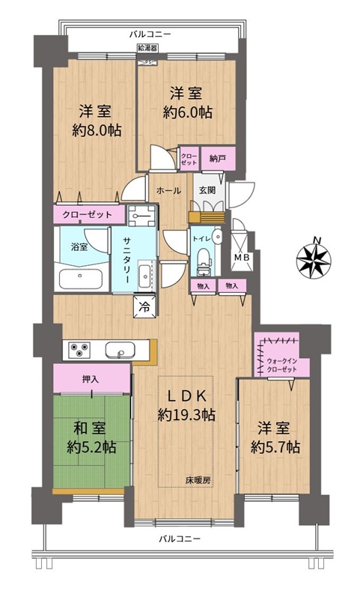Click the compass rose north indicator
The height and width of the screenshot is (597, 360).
click(314, 259)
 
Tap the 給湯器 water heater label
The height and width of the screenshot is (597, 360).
click(147, 49)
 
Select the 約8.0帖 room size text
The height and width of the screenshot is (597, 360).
click(97, 130)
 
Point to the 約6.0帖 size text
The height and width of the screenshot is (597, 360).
click(188, 112)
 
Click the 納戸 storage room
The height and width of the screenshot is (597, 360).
click(218, 158)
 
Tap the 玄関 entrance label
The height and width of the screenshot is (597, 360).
click(207, 190)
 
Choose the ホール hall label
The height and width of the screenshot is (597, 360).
click(168, 190)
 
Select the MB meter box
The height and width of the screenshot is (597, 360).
click(242, 258)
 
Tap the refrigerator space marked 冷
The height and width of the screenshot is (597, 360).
click(144, 306)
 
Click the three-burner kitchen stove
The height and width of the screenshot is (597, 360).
click(79, 351)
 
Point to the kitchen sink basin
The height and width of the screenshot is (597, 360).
click(120, 351)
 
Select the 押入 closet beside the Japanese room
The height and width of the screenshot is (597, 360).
click(91, 378)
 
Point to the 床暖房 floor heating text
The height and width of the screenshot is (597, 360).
click(198, 480)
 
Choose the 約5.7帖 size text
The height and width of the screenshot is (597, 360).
click(275, 446)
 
